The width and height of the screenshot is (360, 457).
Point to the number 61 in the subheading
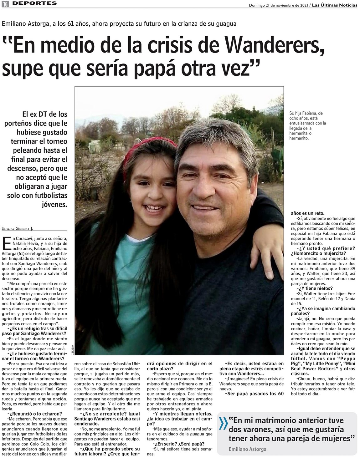[x=71, y=24]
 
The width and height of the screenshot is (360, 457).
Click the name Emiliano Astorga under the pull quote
[x=247, y=449]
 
